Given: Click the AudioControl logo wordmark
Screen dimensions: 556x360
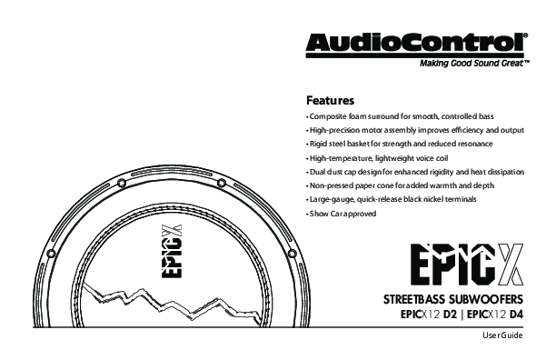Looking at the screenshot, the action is pyautogui.click(x=415, y=43).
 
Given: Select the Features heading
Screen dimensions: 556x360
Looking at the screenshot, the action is pyautogui.click(x=330, y=100).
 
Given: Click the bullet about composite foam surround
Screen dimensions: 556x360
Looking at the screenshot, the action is pyautogui.click(x=400, y=116).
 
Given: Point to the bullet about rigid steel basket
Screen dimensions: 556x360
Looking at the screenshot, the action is pyautogui.click(x=400, y=144).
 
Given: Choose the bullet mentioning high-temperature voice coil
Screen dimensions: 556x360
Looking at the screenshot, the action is pyautogui.click(x=377, y=158).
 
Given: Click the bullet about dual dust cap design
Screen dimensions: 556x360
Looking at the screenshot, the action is pyautogui.click(x=415, y=172).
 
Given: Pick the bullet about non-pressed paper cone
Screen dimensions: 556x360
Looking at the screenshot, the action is pyautogui.click(x=401, y=185).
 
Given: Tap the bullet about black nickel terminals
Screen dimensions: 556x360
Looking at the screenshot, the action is pyautogui.click(x=392, y=199).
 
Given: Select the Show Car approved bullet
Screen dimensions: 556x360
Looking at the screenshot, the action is pyautogui.click(x=342, y=214).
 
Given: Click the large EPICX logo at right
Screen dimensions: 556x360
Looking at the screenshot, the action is pyautogui.click(x=467, y=265).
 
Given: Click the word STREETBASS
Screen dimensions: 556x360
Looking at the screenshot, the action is pyautogui.click(x=413, y=299).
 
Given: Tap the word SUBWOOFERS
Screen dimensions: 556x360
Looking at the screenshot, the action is pyautogui.click(x=486, y=299).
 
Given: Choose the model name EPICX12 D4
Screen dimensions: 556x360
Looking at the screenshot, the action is pyautogui.click(x=495, y=315).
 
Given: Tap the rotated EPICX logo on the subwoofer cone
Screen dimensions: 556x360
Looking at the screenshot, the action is pyautogui.click(x=173, y=251).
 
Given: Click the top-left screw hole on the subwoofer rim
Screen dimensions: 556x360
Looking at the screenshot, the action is pyautogui.click(x=122, y=183).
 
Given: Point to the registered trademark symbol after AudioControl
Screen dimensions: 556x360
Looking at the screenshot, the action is pyautogui.click(x=525, y=35).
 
